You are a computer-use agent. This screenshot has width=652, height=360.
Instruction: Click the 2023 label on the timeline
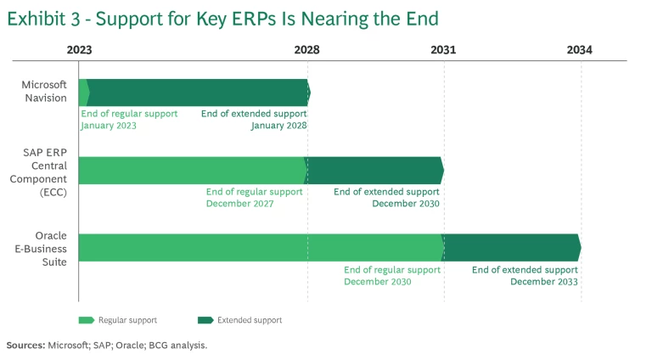(79, 50)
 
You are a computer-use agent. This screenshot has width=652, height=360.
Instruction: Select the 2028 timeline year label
(306, 50)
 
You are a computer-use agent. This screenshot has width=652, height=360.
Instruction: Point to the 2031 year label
(442, 50)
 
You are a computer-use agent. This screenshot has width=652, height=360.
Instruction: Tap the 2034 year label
(580, 50)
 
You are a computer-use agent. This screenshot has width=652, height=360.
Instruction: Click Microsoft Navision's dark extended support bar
(198, 92)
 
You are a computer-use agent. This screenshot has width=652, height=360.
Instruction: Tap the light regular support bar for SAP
(191, 170)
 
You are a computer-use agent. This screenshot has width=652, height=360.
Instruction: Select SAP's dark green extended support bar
(374, 170)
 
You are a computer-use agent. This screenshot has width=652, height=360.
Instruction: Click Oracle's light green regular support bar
(260, 247)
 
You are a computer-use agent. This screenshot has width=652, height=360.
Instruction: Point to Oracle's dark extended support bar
(511, 247)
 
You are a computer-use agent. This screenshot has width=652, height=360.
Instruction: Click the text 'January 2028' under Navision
(278, 126)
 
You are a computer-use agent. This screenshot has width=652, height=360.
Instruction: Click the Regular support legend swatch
(86, 320)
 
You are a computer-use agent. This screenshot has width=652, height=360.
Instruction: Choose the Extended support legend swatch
(205, 320)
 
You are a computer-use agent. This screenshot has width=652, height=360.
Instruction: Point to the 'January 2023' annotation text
(109, 126)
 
